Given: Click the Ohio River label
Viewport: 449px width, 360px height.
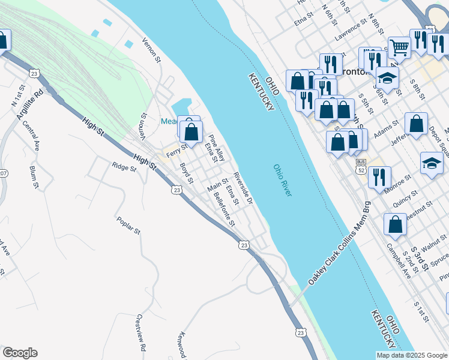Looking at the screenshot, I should tap(282, 180).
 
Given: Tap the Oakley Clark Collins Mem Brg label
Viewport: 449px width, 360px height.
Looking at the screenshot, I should tap(339, 244).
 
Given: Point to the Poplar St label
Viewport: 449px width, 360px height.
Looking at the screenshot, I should tap(128, 225).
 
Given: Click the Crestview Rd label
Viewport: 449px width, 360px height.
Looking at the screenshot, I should tap(141, 332).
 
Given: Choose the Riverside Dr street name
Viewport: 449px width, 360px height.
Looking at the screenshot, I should tap(243, 188).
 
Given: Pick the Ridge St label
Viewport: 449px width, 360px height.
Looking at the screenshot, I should tap(124, 167).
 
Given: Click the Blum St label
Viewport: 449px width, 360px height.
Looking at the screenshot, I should tap(34, 177).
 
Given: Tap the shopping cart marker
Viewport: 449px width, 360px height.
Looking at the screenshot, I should tap(399, 47).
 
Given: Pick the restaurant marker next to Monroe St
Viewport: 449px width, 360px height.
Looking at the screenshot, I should tap(379, 176).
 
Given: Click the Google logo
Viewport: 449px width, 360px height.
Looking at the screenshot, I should tap(20, 353).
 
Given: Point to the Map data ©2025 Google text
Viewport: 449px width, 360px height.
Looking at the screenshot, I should tap(411, 355).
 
